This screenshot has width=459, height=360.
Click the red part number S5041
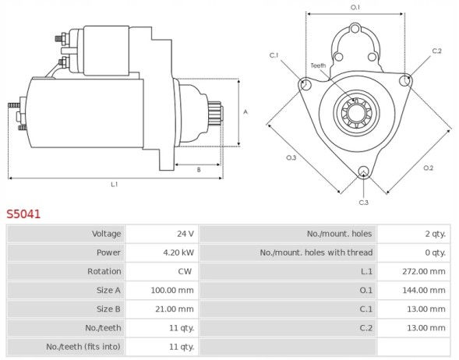(x=23, y=213)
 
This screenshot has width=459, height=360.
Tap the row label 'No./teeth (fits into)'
(x=83, y=346)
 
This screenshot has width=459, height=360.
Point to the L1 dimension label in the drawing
(x=114, y=184)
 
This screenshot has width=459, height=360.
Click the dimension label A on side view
(x=245, y=111)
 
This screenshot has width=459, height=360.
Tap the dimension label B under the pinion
(x=198, y=169)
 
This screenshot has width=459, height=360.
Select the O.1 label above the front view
(x=355, y=7)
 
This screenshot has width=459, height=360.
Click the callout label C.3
(x=363, y=202)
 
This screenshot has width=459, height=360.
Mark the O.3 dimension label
(x=290, y=157)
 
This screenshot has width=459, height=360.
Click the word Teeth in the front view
(x=318, y=65)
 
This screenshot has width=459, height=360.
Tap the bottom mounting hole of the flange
(x=363, y=172)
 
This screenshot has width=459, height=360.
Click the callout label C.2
(x=436, y=51)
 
